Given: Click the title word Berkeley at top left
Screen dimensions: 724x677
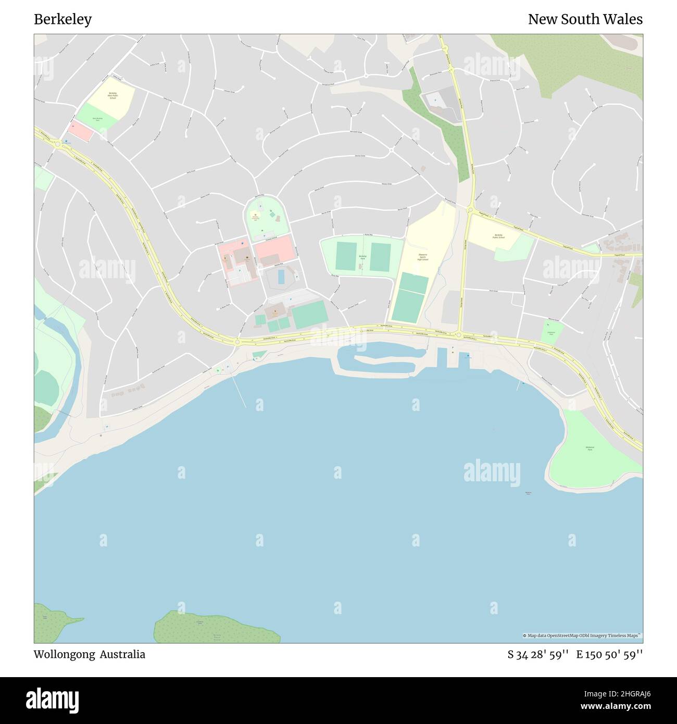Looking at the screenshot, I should [x=62, y=19].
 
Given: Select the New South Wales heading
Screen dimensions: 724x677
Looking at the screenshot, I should [x=585, y=19].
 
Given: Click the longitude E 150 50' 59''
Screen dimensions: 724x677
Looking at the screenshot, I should [x=609, y=654].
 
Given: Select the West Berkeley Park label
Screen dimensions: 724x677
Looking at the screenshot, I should [x=97, y=119].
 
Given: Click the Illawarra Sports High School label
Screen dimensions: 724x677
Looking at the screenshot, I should [x=423, y=256].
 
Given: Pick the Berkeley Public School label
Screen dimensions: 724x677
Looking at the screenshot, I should [x=498, y=237].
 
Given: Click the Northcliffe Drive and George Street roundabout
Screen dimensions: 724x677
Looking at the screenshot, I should [x=459, y=335].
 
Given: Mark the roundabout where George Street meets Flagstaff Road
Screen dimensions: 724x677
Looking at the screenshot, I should [x=470, y=210].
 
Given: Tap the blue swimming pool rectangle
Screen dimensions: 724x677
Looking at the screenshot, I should [x=281, y=277].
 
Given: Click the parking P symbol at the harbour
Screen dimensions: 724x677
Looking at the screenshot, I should [x=453, y=348].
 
